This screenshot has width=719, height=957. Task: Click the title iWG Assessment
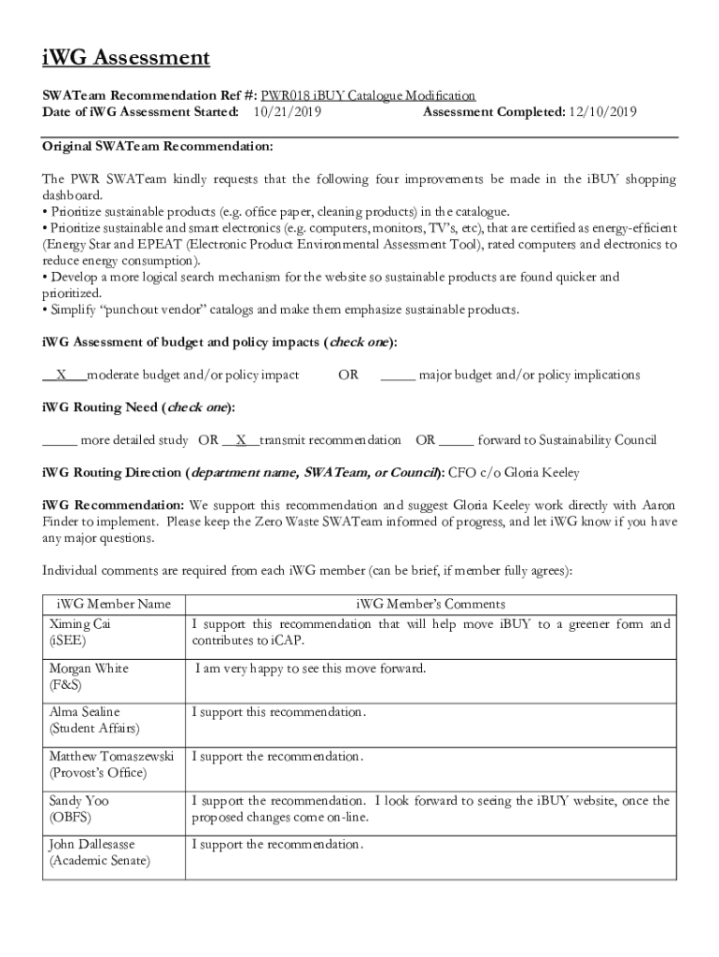tap(126, 59)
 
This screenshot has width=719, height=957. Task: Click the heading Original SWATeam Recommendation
tap(158, 147)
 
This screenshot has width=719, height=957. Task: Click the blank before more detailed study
tap(60, 440)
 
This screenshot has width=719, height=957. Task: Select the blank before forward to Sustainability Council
tap(456, 440)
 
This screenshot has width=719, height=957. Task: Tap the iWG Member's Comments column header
tap(430, 604)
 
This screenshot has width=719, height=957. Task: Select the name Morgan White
tap(89, 668)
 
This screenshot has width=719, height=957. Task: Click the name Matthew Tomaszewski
tap(112, 756)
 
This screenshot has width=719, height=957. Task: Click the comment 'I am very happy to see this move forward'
tap(310, 668)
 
